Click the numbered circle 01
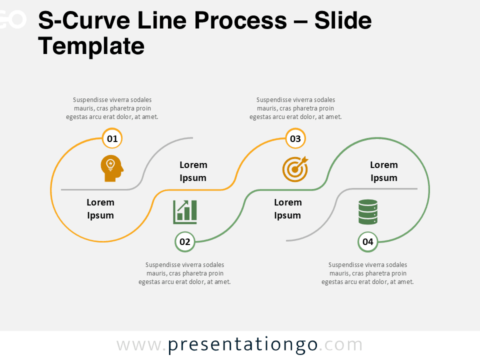point(112,138)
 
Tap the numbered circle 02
point(185,242)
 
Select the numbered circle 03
point(295,138)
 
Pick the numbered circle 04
point(368,242)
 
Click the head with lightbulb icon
point(111,168)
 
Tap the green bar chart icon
point(185,212)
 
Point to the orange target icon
point(295,168)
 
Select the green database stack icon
point(368,212)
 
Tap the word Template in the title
point(91,46)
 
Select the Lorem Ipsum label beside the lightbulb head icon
point(100,209)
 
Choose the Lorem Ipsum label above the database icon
point(384,171)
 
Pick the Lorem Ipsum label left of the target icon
point(193,171)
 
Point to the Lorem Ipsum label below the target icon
point(287,209)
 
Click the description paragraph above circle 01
point(112,108)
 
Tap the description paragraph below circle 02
point(184,273)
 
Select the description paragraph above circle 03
point(295,108)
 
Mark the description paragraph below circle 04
point(367,273)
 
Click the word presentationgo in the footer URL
point(243,345)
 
